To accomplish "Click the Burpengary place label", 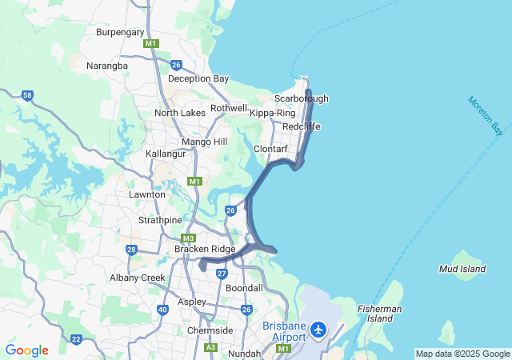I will tap(120, 32).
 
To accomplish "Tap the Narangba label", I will tap(106, 66).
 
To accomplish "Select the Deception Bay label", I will tap(198, 78).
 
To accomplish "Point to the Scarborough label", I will tap(301, 98).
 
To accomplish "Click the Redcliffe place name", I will tap(301, 127).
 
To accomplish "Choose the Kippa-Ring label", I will tap(273, 113).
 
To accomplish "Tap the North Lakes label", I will tap(180, 113).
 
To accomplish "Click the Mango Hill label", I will tap(205, 142).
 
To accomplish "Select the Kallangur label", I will tap(166, 153).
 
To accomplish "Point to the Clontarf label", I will tap(270, 149).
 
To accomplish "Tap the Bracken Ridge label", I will tap(205, 249).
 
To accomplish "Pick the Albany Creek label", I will tap(138, 278).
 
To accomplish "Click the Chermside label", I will tap(210, 330).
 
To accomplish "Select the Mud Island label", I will tap(462, 269).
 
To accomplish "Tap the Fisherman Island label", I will tap(380, 314).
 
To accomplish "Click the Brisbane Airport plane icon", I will tap(318, 330).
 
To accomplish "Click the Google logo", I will tap(26, 350).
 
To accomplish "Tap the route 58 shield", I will tap(27, 95).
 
